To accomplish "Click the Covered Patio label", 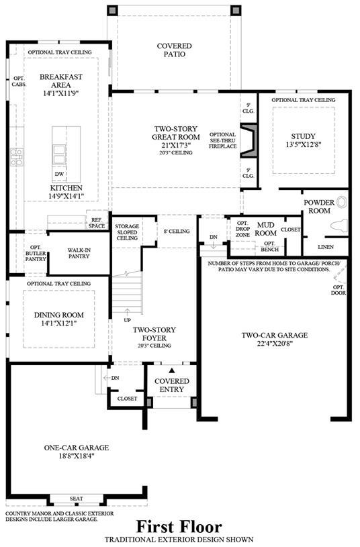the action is pyautogui.click(x=174, y=50).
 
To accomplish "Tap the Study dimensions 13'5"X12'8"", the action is pyautogui.click(x=304, y=145).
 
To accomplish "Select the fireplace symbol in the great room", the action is pyautogui.click(x=249, y=140).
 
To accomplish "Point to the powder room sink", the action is pyautogui.click(x=343, y=202).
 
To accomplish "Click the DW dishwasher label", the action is pyautogui.click(x=59, y=174).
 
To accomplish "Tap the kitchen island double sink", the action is pyautogui.click(x=58, y=154).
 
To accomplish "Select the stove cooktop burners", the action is pyautogui.click(x=16, y=157).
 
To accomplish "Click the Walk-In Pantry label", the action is pyautogui.click(x=79, y=253).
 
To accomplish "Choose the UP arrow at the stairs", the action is pyautogui.click(x=127, y=312).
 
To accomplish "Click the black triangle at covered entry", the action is pyautogui.click(x=171, y=370).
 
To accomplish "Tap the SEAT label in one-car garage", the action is pyautogui.click(x=76, y=499).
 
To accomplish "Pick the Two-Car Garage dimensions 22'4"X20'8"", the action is pyautogui.click(x=274, y=343).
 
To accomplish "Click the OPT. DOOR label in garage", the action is pyautogui.click(x=339, y=290).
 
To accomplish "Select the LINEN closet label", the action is pyautogui.click(x=326, y=247).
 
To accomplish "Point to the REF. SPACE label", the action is pyautogui.click(x=97, y=223).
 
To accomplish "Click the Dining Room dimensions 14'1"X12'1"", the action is pyautogui.click(x=58, y=324).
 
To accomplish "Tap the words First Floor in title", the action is pyautogui.click(x=179, y=527).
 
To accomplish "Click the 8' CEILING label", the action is pyautogui.click(x=177, y=232).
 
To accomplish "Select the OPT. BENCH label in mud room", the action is pyautogui.click(x=269, y=246).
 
